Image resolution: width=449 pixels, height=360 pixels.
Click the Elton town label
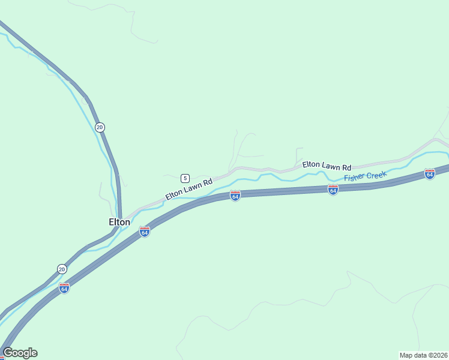pyautogui.click(x=119, y=222)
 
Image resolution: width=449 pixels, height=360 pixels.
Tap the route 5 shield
pyautogui.click(x=185, y=178)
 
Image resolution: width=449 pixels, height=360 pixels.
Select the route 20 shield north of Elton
pyautogui.click(x=100, y=127)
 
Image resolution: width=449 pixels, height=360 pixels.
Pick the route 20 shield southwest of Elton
pyautogui.click(x=62, y=269)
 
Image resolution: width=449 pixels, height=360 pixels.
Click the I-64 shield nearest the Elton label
pyautogui.click(x=144, y=232)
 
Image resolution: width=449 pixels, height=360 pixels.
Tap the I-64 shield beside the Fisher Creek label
pyautogui.click(x=333, y=190)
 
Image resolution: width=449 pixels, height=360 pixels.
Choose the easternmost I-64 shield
pyautogui.click(x=429, y=174)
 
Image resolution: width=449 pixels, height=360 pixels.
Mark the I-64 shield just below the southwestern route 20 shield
pyautogui.click(x=64, y=288)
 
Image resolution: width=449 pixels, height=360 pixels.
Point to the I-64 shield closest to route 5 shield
pyautogui.click(x=235, y=196)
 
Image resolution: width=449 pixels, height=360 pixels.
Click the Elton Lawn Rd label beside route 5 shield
pyautogui.click(x=189, y=188)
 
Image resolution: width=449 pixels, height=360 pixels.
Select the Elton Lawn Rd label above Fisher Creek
pyautogui.click(x=327, y=165)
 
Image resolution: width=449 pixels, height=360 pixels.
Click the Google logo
pyautogui.click(x=20, y=353)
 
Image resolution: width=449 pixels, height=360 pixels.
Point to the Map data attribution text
pyautogui.click(x=423, y=355)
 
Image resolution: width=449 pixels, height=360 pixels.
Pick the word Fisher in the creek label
pyautogui.click(x=354, y=178)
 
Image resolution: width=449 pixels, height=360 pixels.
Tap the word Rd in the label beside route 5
pyautogui.click(x=208, y=181)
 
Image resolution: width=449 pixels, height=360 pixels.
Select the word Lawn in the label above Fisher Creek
pyautogui.click(x=330, y=165)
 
